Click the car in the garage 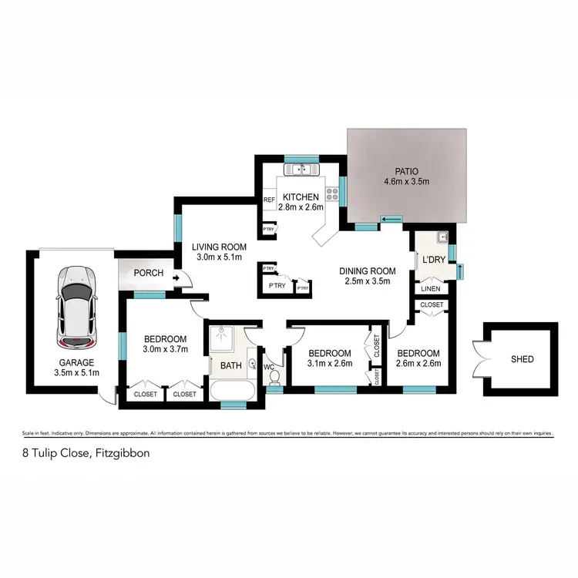tap(76, 307)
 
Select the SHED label tap(522, 359)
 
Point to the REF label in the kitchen tap(269, 200)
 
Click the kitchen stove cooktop tap(333, 195)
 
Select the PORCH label tap(147, 273)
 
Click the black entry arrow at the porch tap(177, 278)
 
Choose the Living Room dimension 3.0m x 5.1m tap(218, 257)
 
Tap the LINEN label tap(431, 288)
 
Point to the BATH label tap(231, 365)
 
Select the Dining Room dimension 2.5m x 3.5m tap(368, 281)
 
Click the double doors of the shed tap(482, 358)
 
